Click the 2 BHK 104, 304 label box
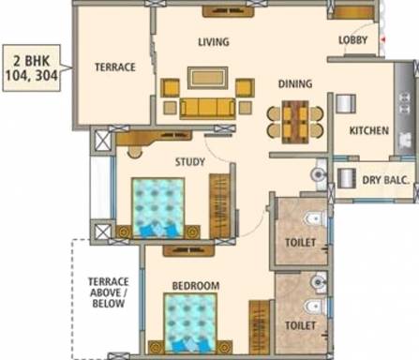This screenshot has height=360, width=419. coord(32,68)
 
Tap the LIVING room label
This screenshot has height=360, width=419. coord(214,42)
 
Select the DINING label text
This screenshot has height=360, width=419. coord(295,83)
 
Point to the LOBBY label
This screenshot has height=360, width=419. coord(353,40)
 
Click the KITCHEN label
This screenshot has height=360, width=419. coord(369,130)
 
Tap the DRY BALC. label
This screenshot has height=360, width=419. coord(386,180)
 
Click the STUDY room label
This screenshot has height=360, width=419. coord(190,162)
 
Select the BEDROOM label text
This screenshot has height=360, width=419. coord(196,286)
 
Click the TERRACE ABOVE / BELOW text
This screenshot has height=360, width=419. coord(109,292)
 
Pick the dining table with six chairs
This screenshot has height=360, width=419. coord(295,122)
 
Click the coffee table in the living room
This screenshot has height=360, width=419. coord(207,78)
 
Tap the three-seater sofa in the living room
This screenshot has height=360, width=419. coord(207,109)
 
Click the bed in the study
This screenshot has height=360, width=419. coord(158,207)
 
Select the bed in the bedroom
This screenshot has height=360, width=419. coord(190,322)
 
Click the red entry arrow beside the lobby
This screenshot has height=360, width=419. coord(383,39)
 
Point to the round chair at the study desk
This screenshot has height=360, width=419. coord(135,152)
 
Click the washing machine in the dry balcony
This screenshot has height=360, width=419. coord(347,179)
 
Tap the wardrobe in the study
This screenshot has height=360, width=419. coord(219,206)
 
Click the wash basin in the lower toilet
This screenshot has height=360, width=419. coord(318,282)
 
